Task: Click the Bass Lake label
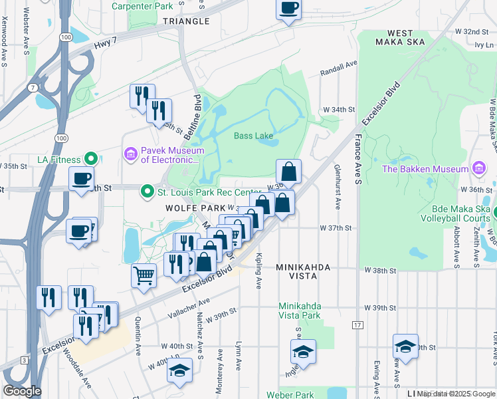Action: pos(253,136)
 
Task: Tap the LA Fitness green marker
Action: pos(92,160)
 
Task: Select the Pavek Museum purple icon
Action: pos(130,155)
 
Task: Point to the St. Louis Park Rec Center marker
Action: pos(148,193)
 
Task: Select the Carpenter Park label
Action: pos(142,6)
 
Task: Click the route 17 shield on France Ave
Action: pos(357,325)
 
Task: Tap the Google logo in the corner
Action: pos(22,391)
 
